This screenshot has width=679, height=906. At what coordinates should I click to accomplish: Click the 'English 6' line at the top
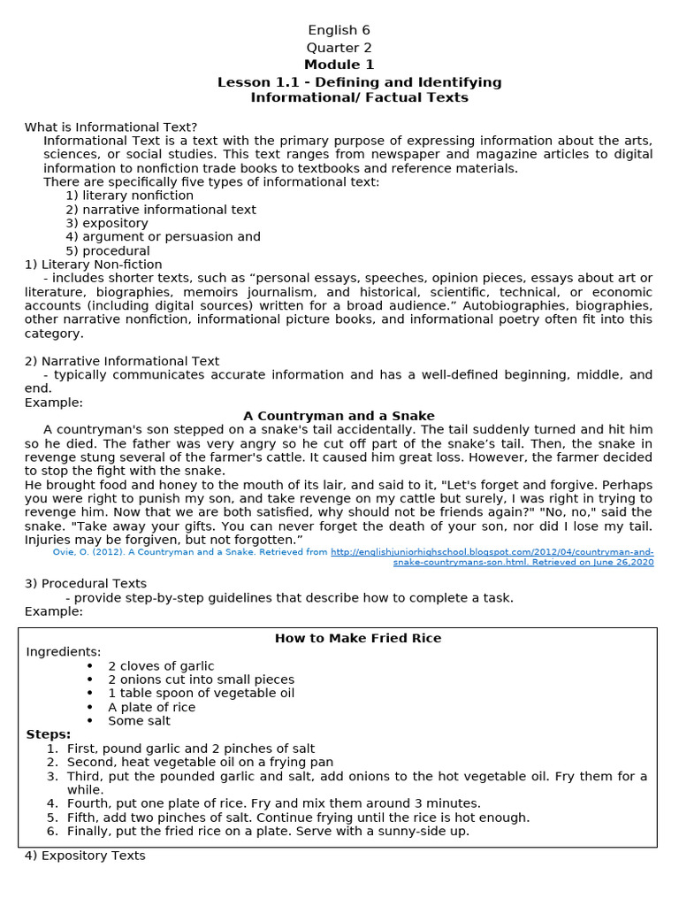tap(339, 30)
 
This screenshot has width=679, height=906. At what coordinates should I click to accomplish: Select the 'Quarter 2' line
tap(339, 48)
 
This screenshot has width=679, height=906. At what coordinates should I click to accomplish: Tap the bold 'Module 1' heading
tap(339, 65)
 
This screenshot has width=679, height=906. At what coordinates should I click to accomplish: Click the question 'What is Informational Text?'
tap(111, 127)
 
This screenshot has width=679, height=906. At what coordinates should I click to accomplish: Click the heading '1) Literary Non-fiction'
tap(94, 264)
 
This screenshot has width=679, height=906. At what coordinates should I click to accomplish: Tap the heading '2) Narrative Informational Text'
tap(122, 361)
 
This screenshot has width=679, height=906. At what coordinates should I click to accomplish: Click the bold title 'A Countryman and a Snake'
tap(339, 416)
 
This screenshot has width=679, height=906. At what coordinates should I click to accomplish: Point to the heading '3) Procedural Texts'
tap(86, 583)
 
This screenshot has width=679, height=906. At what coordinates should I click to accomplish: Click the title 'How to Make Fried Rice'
tap(358, 638)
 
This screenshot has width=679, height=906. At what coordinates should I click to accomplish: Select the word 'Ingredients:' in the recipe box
tap(64, 652)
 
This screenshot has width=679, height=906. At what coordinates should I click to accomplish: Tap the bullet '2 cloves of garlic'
tap(161, 665)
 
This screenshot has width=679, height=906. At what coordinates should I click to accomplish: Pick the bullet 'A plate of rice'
tap(152, 707)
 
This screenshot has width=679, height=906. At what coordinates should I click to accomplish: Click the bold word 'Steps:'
tap(49, 734)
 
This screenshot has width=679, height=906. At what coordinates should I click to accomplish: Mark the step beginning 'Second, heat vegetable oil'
tap(200, 762)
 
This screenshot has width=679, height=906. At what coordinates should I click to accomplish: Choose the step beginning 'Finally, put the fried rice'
tap(268, 831)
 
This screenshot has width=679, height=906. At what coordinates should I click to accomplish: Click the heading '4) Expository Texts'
tap(85, 856)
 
